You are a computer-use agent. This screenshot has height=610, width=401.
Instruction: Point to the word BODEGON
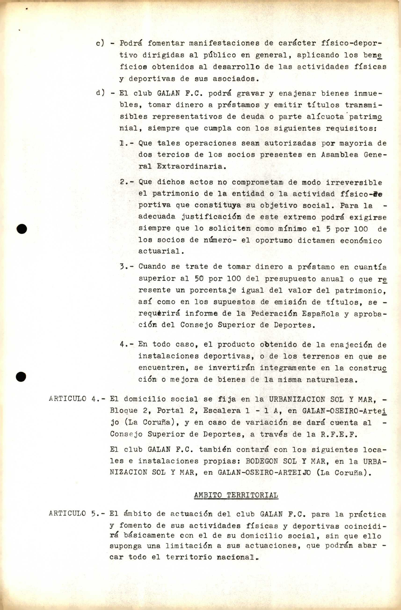pos(262,461)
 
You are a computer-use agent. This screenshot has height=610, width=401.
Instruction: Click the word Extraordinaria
pos(191,166)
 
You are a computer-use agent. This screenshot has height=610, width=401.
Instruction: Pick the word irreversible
pos(354,183)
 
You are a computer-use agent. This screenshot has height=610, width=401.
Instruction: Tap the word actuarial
pos(161,251)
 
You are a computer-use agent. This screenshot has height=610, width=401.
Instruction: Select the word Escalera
pos(222,411)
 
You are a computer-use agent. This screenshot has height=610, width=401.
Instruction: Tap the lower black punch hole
pos(21,377)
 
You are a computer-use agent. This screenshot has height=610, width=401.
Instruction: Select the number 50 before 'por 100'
pos(199,279)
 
